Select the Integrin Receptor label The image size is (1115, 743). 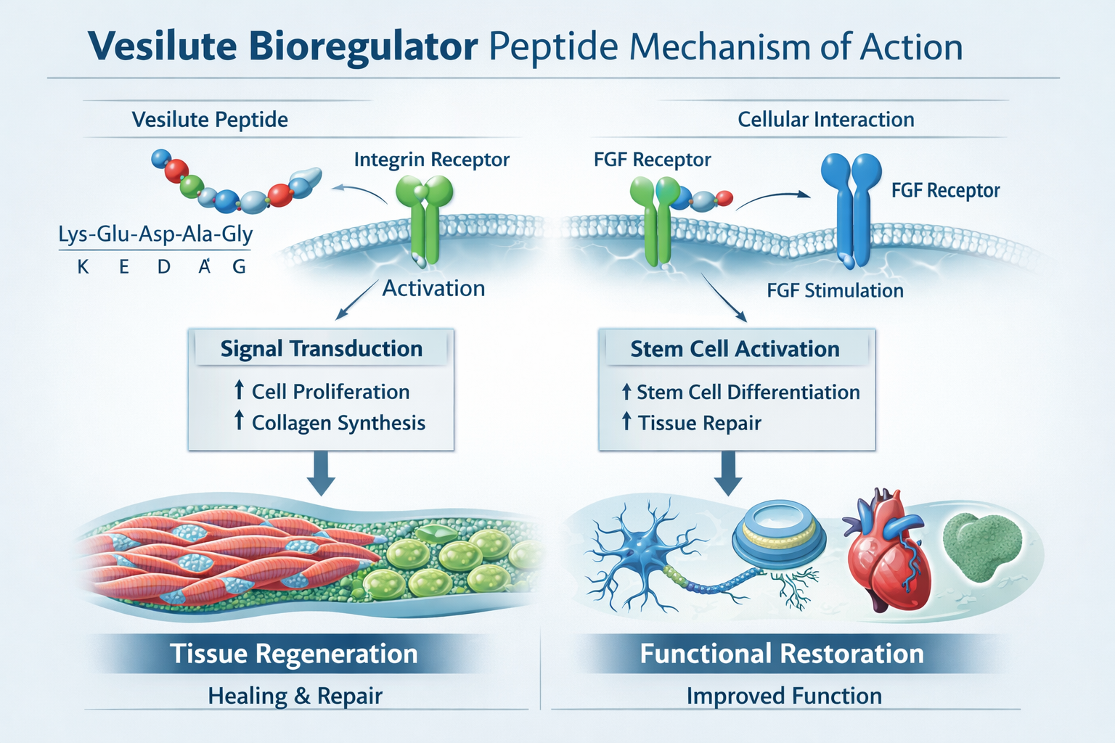click(x=431, y=160)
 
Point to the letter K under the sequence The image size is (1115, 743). click(x=83, y=267)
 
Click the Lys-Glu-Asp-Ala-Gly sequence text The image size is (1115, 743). click(x=155, y=234)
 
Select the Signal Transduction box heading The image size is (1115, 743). click(x=321, y=349)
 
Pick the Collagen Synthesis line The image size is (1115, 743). click(x=338, y=423)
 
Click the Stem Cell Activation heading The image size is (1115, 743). click(x=735, y=349)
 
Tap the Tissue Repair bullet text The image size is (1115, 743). click(x=699, y=423)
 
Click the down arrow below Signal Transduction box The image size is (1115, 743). click(x=321, y=474)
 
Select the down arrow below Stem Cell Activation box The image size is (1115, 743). click(x=728, y=474)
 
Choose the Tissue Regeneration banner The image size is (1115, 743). click(x=294, y=654)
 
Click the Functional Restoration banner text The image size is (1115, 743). click(x=782, y=654)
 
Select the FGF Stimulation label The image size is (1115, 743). click(x=835, y=291)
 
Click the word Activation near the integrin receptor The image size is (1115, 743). click(x=433, y=289)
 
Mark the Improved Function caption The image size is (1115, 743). click(x=784, y=696)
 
